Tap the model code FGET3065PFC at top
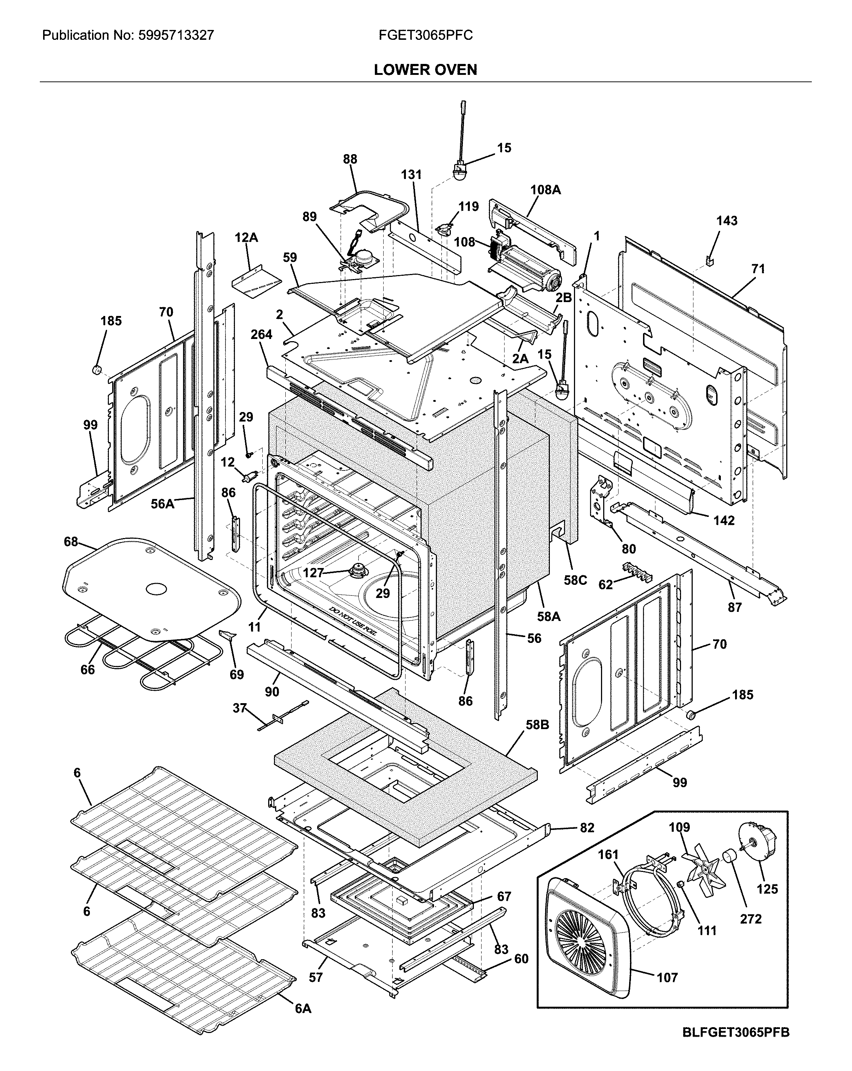coord(425,35)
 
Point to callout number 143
coord(726,221)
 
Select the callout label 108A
coord(545,190)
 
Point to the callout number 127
coord(313,573)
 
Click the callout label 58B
coord(537,725)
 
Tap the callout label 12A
coord(246,238)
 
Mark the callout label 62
coord(605,585)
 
